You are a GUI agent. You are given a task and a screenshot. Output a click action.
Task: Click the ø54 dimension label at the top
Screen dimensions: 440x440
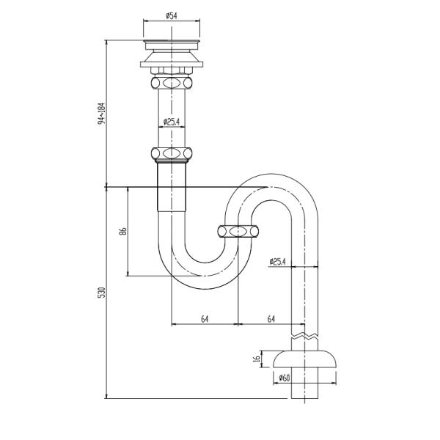(172, 15)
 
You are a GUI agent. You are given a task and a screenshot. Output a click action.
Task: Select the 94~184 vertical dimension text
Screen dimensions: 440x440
(101, 114)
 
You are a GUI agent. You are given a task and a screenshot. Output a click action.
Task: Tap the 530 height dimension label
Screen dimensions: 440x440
(101, 293)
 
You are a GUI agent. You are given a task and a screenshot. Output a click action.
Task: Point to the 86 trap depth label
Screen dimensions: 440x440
(123, 231)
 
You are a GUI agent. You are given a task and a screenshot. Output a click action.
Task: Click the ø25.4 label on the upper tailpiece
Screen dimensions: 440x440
(172, 122)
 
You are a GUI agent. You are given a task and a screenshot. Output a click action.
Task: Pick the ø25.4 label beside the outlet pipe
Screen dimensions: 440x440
(277, 262)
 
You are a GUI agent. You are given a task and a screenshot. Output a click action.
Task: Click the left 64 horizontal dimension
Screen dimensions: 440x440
(205, 319)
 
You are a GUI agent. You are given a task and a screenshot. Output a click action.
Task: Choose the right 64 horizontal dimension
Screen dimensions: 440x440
(271, 319)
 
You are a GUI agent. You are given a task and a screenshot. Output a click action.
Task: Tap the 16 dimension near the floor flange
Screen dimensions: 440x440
(257, 359)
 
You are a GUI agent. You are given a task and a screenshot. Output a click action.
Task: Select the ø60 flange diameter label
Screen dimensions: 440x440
(284, 378)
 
